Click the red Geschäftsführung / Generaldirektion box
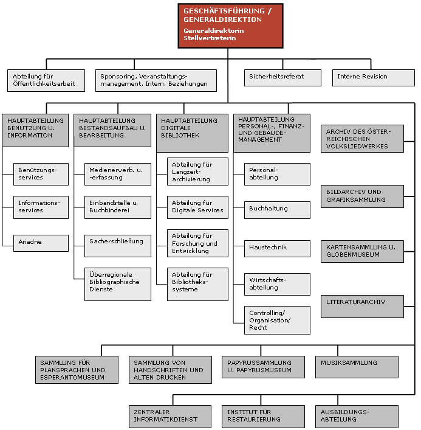tap(230, 26)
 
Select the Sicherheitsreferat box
tap(282, 78)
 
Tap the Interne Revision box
tap(374, 78)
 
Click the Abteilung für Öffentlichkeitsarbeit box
tap(46, 80)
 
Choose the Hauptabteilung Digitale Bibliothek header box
tap(192, 133)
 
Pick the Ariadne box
tap(41, 243)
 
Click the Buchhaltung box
tap(277, 210)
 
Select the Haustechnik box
tap(277, 249)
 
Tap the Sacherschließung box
tap(118, 246)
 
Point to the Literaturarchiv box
tap(362, 307)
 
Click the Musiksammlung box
tap(357, 367)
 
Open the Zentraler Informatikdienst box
tap(170, 416)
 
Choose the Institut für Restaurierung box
tap(263, 416)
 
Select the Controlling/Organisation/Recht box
tap(277, 320)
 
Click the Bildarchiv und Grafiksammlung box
tap(362, 196)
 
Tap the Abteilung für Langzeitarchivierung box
tap(197, 172)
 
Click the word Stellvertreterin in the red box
tap(210, 38)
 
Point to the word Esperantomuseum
tap(72, 377)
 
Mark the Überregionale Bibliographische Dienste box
tap(118, 284)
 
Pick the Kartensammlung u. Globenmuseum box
tap(362, 251)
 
